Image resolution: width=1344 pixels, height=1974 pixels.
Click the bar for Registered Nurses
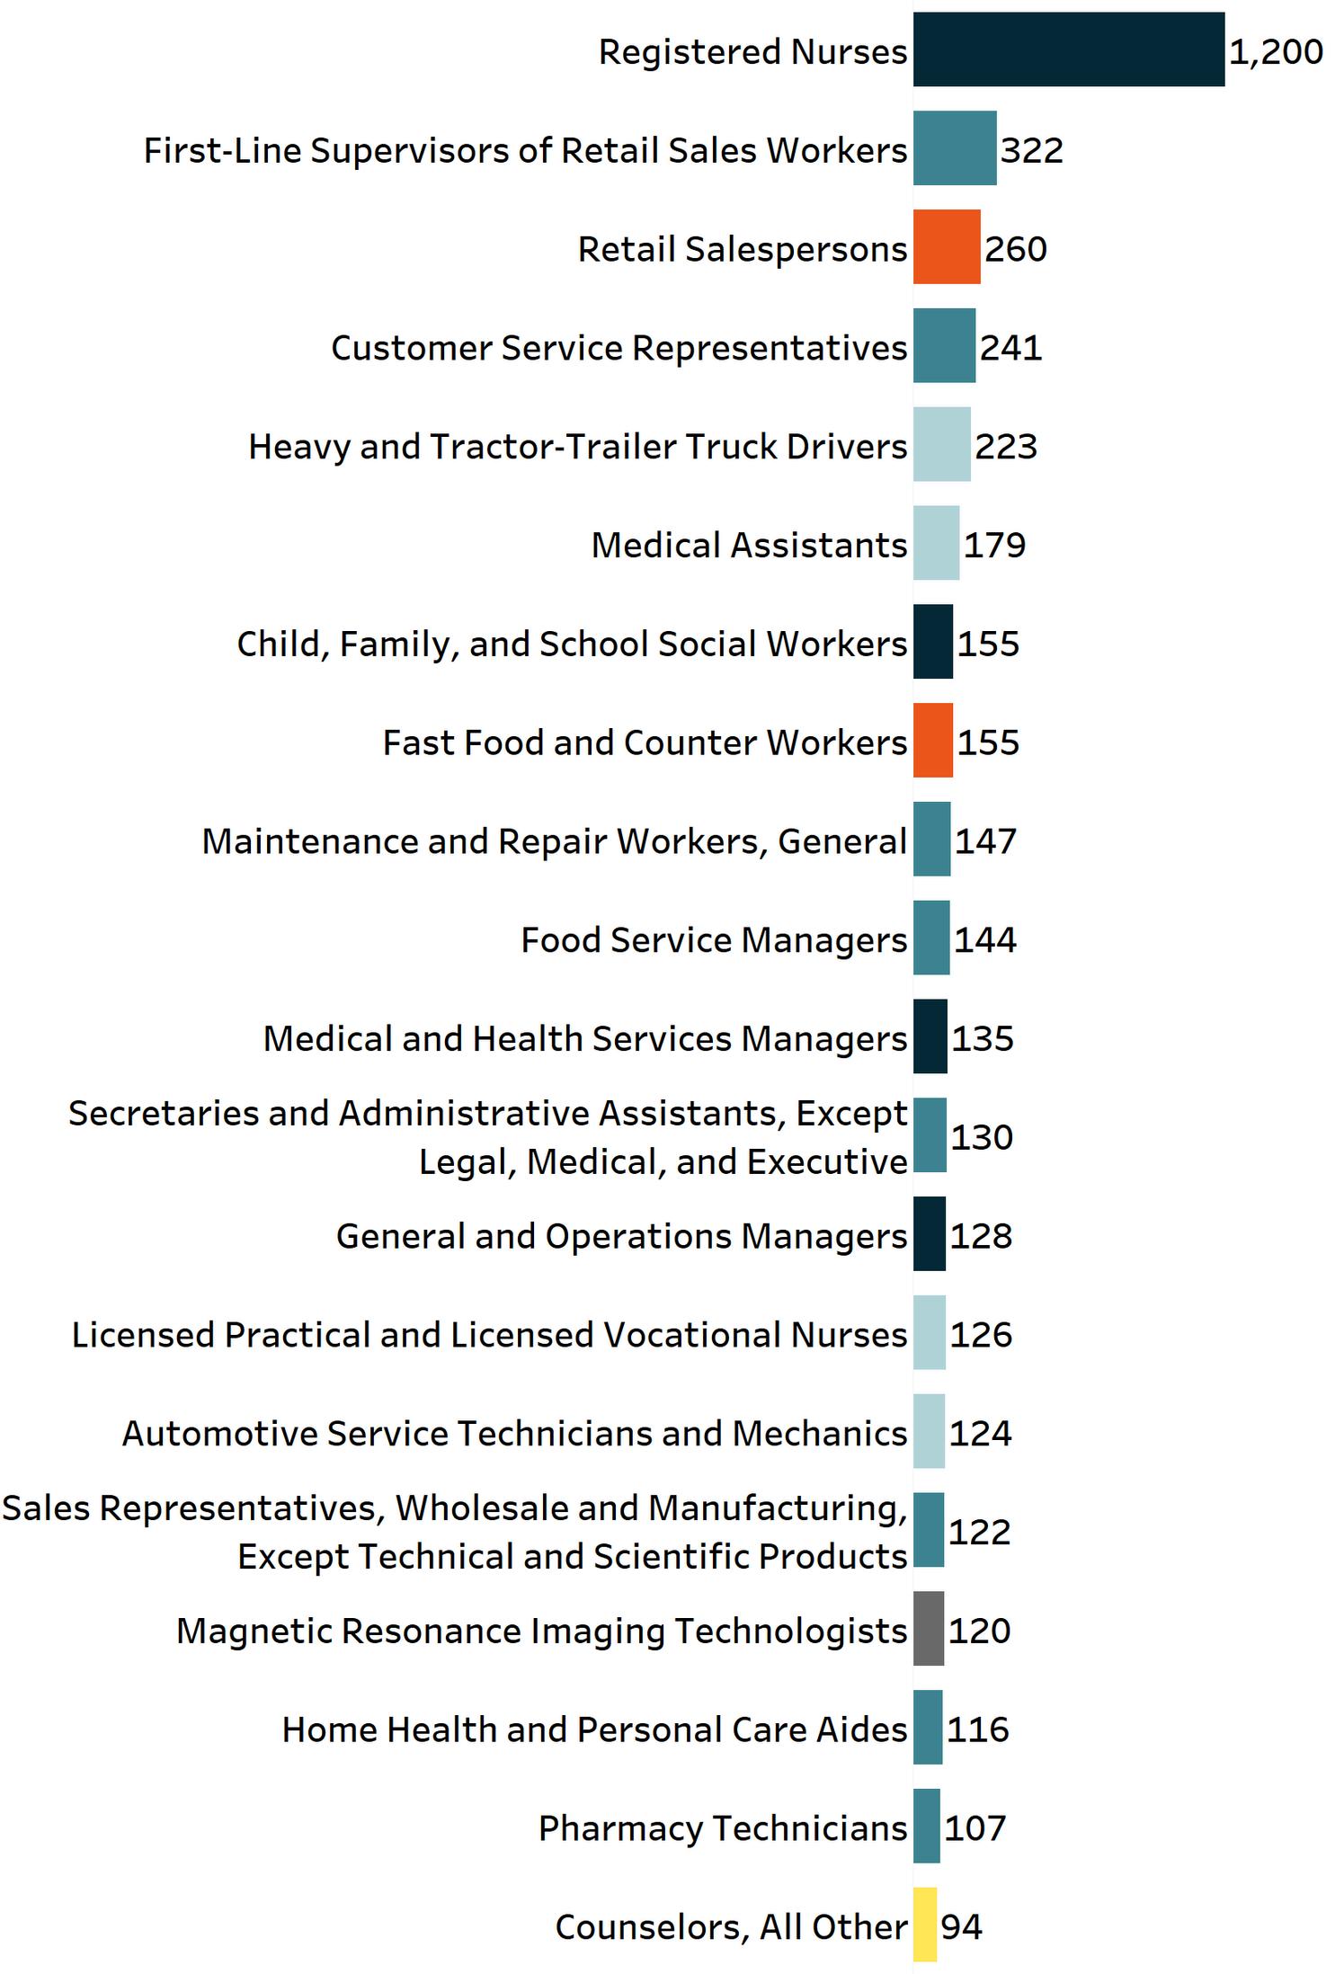click(1068, 49)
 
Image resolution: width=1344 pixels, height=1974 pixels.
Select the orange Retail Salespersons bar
click(947, 247)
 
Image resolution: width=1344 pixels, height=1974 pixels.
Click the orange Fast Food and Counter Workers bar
click(933, 741)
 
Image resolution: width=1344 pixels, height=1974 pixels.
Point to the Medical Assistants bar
click(936, 543)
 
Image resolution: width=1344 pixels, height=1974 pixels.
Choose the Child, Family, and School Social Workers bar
click(933, 642)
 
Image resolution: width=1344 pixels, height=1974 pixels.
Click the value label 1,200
click(1276, 52)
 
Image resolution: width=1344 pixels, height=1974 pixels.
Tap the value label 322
click(1032, 150)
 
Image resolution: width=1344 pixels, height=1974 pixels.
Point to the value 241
click(1010, 348)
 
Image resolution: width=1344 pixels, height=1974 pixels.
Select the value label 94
click(961, 1926)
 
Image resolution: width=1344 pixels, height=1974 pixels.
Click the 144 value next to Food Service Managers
click(984, 940)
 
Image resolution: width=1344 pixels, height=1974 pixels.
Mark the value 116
click(977, 1729)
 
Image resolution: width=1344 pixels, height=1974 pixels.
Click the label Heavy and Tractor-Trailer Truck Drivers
click(577, 447)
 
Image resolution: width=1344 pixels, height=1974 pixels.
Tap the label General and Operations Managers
click(621, 1236)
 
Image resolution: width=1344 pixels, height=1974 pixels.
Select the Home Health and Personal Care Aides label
click(594, 1729)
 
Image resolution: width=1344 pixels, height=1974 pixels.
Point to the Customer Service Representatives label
click(619, 348)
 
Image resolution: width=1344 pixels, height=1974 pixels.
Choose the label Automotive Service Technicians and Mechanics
click(514, 1433)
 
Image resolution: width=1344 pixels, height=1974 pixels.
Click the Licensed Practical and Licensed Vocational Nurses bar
click(930, 1332)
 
